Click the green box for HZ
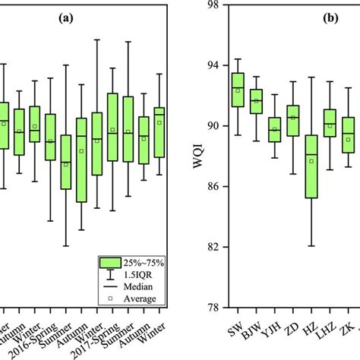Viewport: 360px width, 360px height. [x=311, y=166]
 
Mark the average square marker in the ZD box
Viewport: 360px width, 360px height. [x=293, y=118]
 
